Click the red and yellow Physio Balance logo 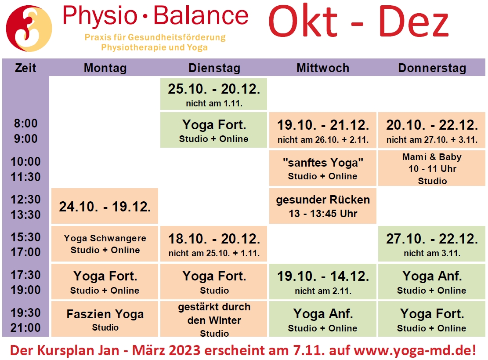click(x=29, y=28)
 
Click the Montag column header click(x=105, y=68)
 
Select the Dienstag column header click(x=214, y=68)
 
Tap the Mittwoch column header click(x=323, y=68)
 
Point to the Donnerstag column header click(x=432, y=68)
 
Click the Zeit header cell click(x=25, y=68)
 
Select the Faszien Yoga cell click(x=105, y=319)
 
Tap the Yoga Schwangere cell click(x=105, y=244)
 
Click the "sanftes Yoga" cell click(x=323, y=168)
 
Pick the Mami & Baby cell click(x=432, y=168)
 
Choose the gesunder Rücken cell click(x=323, y=206)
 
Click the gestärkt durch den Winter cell click(x=214, y=319)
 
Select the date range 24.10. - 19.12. click(x=105, y=207)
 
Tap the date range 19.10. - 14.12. click(x=323, y=276)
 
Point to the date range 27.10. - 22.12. click(x=432, y=239)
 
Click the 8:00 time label click(x=25, y=124)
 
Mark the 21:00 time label click(x=25, y=327)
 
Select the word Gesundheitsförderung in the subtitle click(x=177, y=37)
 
